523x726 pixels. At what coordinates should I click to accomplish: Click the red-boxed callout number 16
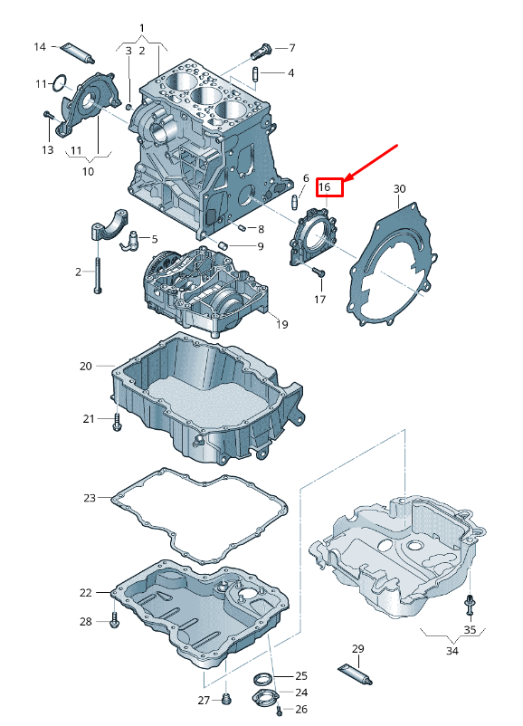[x=328, y=188]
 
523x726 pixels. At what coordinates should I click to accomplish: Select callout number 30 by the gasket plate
[x=400, y=188]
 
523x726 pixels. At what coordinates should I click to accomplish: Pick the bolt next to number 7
[x=263, y=47]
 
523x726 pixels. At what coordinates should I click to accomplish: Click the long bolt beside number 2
[x=97, y=272]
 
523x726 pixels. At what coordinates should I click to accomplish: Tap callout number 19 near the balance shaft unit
[x=281, y=324]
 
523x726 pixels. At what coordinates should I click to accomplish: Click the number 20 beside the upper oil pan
[x=86, y=366]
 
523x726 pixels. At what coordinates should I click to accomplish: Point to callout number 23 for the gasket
[x=90, y=498]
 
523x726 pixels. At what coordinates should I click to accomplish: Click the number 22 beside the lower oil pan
[x=86, y=593]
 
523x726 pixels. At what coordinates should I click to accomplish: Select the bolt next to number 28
[x=114, y=621]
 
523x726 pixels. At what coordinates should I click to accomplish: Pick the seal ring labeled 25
[x=262, y=678]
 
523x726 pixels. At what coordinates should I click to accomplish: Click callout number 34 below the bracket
[x=452, y=650]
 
